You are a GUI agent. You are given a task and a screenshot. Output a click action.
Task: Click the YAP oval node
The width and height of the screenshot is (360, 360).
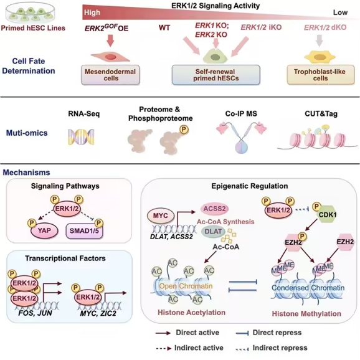click(x=44, y=230)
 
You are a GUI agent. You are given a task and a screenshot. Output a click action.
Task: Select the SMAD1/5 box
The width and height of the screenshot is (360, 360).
click(x=84, y=230)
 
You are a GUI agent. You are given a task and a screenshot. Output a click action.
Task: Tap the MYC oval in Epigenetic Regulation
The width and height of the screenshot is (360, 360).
click(x=161, y=216)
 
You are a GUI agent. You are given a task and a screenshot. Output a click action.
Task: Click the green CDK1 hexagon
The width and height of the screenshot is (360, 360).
click(x=328, y=215)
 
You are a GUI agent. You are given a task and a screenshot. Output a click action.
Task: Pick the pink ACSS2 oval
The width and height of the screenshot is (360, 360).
click(x=215, y=209)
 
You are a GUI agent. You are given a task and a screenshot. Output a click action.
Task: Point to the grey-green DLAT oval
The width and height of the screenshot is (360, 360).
click(x=213, y=232)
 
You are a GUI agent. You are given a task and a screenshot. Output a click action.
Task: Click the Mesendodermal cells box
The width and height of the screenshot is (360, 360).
click(x=110, y=75)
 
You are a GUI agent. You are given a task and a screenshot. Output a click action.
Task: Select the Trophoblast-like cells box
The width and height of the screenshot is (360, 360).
click(x=320, y=75)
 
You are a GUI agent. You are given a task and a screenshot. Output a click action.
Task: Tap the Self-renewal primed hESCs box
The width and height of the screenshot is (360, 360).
click(x=216, y=75)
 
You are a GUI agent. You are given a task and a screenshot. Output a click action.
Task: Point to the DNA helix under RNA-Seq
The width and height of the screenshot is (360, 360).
click(x=81, y=137)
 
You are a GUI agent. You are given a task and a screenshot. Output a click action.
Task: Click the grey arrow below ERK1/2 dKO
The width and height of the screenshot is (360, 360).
click(x=320, y=41)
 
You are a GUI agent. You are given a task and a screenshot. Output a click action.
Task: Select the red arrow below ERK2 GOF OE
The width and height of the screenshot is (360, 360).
click(x=110, y=40)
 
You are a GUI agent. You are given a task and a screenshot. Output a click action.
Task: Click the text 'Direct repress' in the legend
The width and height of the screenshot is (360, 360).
click(x=277, y=333)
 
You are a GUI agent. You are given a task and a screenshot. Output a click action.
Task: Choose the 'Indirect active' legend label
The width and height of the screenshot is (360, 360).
click(x=199, y=348)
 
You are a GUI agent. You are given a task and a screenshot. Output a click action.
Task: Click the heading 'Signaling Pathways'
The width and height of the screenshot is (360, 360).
click(x=65, y=186)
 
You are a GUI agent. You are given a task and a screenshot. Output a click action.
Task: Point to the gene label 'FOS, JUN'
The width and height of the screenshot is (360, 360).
click(x=35, y=313)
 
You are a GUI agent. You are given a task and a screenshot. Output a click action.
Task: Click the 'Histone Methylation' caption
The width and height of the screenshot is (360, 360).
click(x=306, y=314)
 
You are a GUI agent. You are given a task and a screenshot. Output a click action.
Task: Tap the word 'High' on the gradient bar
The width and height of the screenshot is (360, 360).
click(x=92, y=12)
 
